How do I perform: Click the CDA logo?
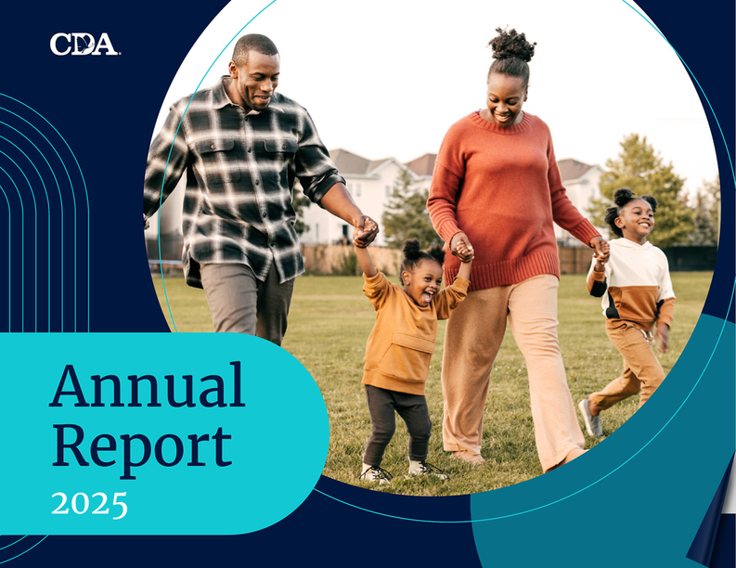[x=84, y=45]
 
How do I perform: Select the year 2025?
[x=89, y=505]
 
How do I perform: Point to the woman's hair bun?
[x=511, y=45]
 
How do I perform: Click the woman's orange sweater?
[x=505, y=197]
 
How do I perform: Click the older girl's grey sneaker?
[x=590, y=418]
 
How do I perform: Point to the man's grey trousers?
[x=248, y=301]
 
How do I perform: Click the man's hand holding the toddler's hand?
[x=365, y=231]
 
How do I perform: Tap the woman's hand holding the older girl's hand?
[x=600, y=249]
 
